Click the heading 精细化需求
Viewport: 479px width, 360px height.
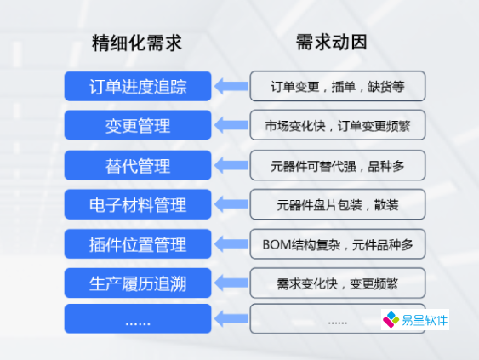[137, 43]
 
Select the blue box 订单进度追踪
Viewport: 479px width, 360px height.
[137, 86]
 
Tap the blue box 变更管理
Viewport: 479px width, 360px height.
[137, 125]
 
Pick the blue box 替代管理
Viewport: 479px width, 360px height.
[137, 165]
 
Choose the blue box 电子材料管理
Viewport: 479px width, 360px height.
[137, 204]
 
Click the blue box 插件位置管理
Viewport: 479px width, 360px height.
[137, 244]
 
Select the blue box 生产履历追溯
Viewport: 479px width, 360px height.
[137, 283]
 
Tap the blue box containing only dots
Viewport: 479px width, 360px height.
[137, 320]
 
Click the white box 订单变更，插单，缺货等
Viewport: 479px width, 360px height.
[337, 86]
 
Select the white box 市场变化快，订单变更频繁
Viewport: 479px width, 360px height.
[337, 125]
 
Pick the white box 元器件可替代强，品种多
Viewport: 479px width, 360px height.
[337, 165]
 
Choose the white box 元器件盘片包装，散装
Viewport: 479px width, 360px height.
[337, 204]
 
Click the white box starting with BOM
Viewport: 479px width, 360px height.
[337, 244]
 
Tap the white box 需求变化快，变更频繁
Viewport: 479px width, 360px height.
[337, 283]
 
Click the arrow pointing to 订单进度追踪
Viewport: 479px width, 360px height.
[230, 86]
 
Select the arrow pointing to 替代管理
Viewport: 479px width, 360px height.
[230, 165]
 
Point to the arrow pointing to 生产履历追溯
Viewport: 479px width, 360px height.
[230, 283]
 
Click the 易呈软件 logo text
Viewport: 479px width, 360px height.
[424, 321]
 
